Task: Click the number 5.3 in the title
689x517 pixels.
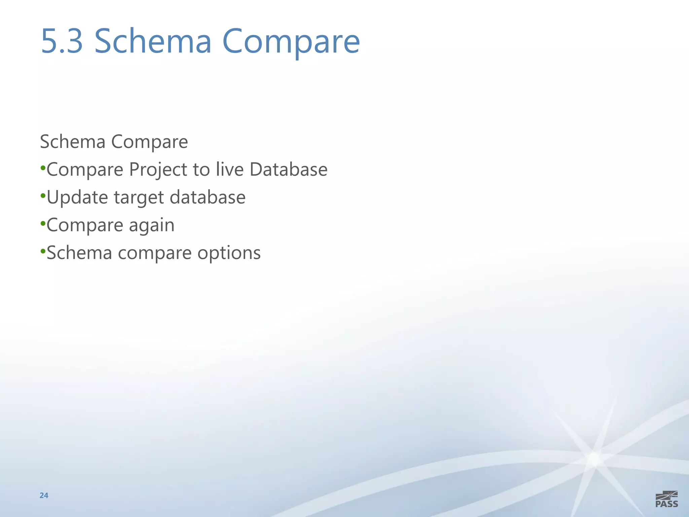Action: (62, 41)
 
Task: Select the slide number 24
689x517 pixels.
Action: (44, 495)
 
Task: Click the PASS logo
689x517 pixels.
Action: (666, 499)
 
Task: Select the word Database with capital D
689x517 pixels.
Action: (288, 169)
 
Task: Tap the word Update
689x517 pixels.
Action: (77, 198)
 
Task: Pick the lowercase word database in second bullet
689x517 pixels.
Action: (208, 197)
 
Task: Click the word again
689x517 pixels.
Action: (152, 226)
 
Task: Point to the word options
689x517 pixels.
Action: (229, 253)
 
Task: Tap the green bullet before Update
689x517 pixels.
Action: (43, 196)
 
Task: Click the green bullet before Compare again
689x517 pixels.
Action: (43, 223)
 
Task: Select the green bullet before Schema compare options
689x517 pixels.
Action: (43, 251)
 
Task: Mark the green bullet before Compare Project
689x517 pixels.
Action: (43, 168)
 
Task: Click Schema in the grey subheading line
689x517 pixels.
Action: (73, 141)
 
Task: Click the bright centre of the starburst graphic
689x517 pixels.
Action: (594, 459)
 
